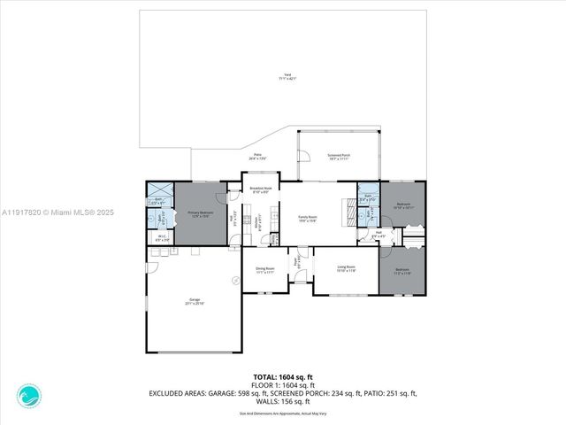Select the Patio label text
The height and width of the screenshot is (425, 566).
[257, 156]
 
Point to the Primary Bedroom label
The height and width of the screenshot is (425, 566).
[200, 213]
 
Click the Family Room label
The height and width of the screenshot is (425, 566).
[308, 218]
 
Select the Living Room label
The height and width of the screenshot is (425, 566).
[345, 267]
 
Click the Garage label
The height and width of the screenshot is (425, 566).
[195, 301]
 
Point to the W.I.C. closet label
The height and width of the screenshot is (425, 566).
[162, 236]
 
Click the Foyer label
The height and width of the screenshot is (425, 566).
[299, 262]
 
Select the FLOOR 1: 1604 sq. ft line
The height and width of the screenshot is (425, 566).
[282, 385]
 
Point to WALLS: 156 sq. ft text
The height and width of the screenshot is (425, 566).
[282, 401]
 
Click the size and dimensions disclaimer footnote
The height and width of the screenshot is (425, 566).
[282, 412]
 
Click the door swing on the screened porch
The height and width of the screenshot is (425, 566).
[303, 158]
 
